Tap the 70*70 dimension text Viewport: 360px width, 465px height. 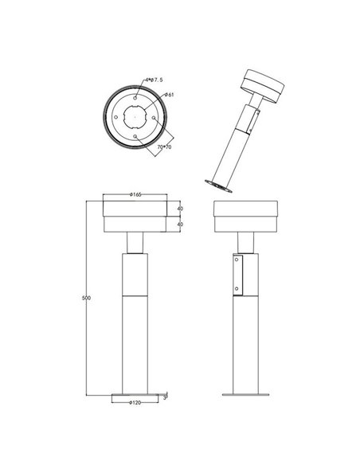(165, 147)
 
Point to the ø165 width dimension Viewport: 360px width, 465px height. (135, 194)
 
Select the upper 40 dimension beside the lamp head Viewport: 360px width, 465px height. (181, 209)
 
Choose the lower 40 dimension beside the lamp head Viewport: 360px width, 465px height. (181, 225)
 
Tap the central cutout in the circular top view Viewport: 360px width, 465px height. (135, 116)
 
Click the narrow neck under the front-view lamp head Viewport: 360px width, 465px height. (135, 242)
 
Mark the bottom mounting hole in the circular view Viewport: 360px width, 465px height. (135, 136)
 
